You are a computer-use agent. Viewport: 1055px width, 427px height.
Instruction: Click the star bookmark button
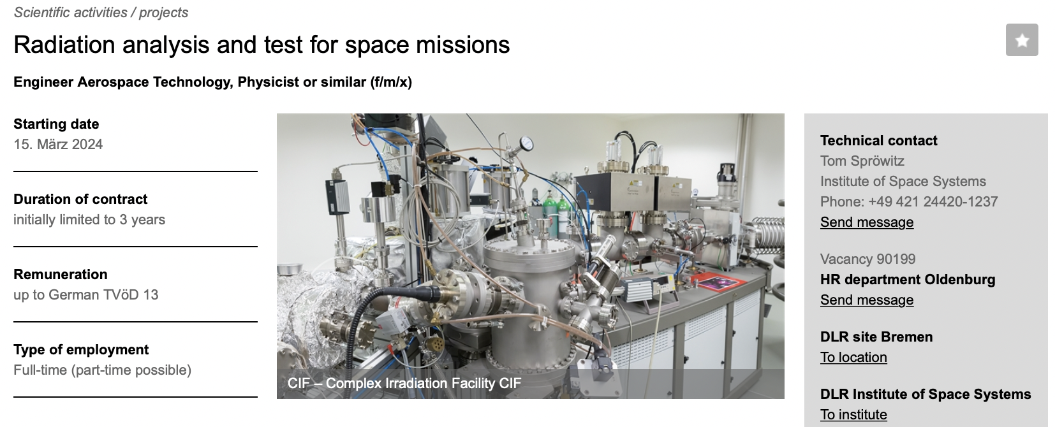point(1022,40)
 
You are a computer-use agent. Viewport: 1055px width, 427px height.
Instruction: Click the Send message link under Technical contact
point(867,222)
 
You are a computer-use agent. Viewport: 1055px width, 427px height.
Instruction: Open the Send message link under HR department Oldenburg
point(867,300)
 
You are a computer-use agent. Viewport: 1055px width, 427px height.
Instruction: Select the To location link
point(853,358)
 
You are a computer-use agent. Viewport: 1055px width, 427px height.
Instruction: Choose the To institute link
point(853,414)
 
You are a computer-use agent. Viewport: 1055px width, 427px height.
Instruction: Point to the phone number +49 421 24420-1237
point(933,201)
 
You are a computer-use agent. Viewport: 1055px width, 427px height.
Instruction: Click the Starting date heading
point(56,124)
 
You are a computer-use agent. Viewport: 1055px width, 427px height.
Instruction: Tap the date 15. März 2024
point(58,144)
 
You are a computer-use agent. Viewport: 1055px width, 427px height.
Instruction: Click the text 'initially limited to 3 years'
point(89,219)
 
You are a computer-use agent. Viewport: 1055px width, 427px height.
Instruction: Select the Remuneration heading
point(61,274)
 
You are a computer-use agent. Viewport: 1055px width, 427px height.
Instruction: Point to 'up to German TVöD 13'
point(85,294)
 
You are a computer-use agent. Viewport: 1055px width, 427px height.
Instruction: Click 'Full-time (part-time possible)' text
point(102,370)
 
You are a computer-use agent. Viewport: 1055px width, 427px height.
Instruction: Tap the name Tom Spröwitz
point(862,161)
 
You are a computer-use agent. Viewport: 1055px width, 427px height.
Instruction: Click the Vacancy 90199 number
point(867,259)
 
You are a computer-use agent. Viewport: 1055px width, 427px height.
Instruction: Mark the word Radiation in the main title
point(64,45)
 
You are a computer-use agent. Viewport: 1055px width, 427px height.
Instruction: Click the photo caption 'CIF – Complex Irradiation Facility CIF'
point(404,383)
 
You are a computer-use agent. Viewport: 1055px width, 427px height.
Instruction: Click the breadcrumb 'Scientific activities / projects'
point(101,12)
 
